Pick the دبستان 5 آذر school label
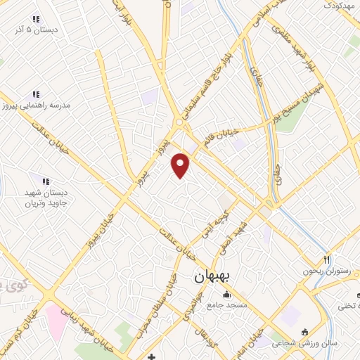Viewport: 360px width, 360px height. click(x=36, y=31)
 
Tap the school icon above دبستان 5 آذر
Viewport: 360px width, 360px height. click(x=36, y=20)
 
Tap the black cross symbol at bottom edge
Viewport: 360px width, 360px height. click(x=152, y=356)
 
